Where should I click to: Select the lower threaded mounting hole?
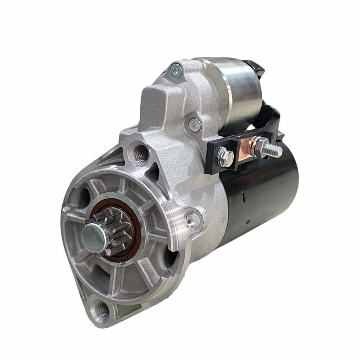tap(101, 310)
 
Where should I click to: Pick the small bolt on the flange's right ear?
tap(192, 220)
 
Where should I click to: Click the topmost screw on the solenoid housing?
tap(175, 70)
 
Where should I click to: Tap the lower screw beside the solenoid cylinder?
tap(194, 124)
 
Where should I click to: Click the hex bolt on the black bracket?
tap(225, 157)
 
